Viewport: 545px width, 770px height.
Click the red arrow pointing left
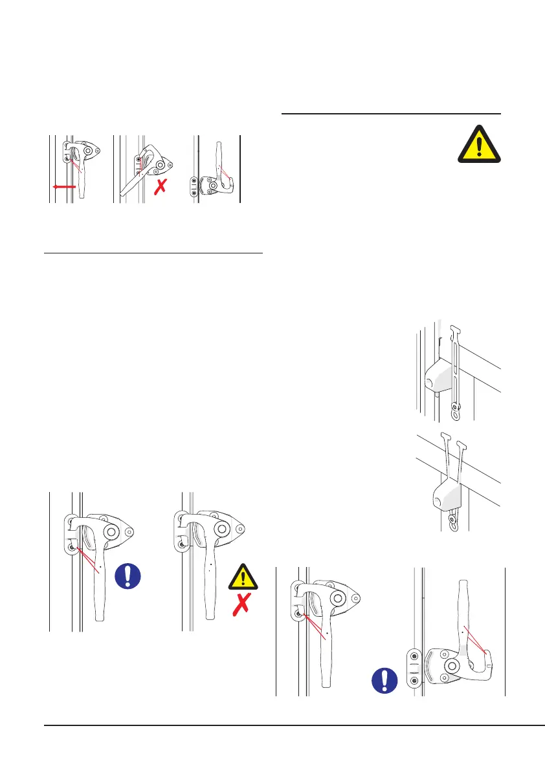(66, 186)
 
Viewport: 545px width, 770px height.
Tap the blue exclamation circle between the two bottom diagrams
(385, 681)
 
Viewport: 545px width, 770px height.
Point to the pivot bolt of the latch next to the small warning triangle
(222, 529)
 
